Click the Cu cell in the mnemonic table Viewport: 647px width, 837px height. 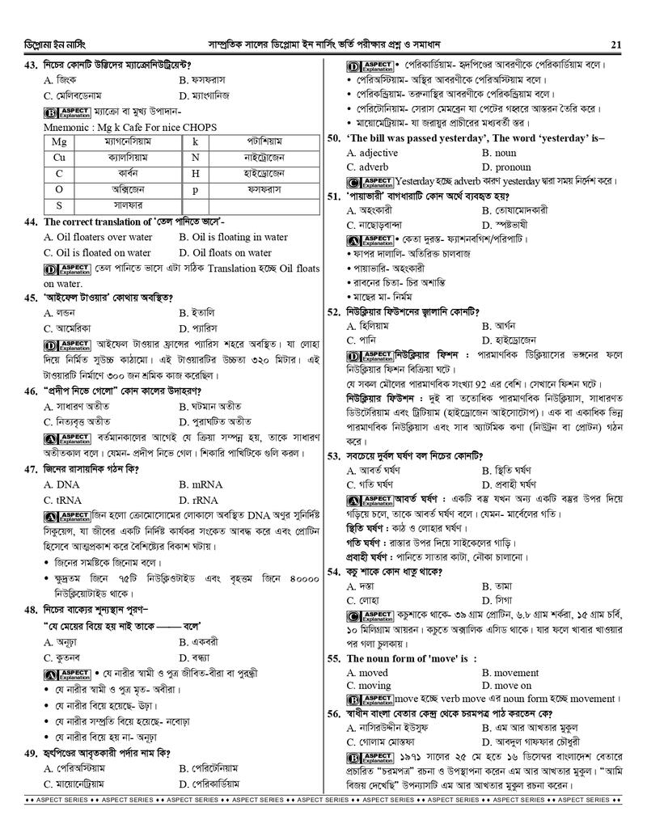click(x=59, y=157)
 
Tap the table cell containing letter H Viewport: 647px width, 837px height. click(x=195, y=173)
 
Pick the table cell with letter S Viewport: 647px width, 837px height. click(x=59, y=205)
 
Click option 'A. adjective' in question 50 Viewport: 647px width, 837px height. click(x=371, y=152)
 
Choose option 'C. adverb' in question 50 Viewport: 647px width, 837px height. click(x=368, y=167)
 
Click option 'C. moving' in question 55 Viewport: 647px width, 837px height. click(x=368, y=686)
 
